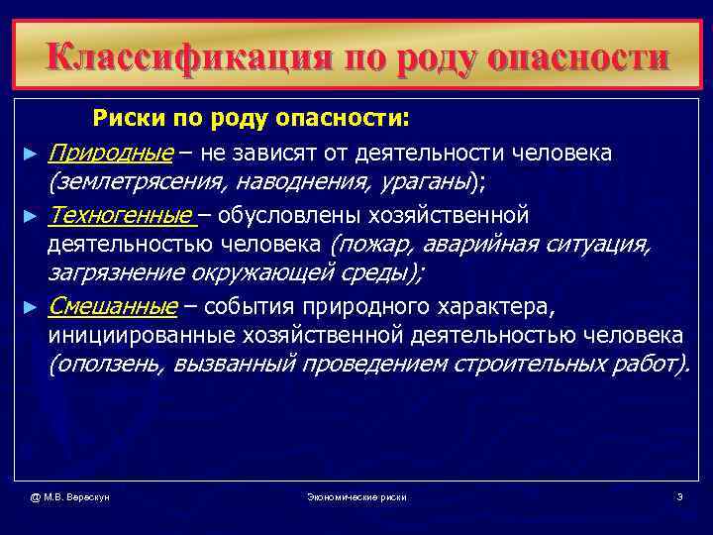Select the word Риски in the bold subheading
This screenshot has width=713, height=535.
pyautogui.click(x=126, y=121)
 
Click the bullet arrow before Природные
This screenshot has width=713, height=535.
pyautogui.click(x=31, y=155)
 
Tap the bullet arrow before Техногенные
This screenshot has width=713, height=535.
pyautogui.click(x=31, y=216)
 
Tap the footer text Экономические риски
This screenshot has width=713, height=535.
pyautogui.click(x=356, y=495)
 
